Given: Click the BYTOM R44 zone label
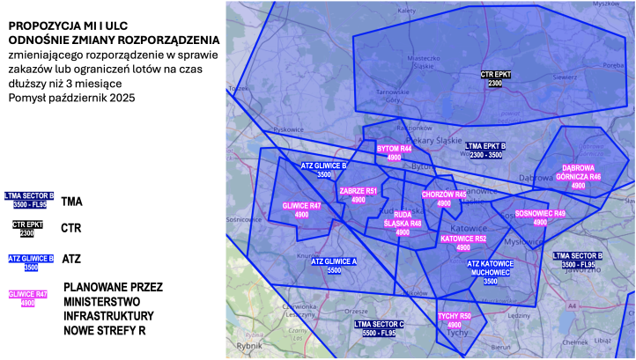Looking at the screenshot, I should [394, 152].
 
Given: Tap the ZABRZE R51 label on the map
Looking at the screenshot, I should [358, 195].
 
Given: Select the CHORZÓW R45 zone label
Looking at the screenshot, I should [444, 198].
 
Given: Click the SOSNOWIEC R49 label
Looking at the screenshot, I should [540, 217].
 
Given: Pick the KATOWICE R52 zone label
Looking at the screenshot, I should [463, 243].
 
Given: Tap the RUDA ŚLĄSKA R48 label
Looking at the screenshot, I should [403, 224].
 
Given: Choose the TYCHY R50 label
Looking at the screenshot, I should [455, 320].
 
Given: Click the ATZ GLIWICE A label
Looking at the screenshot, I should [334, 266].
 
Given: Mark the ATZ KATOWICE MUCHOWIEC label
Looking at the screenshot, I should [491, 272].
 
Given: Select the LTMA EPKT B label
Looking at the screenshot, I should [484, 150].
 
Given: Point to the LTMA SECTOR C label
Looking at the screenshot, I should [379, 328].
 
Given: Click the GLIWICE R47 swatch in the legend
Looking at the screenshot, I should [28, 298].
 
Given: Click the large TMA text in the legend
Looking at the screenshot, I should [72, 202].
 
